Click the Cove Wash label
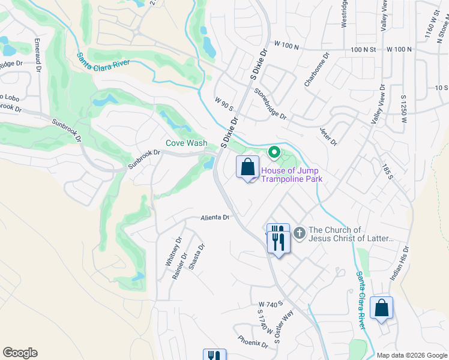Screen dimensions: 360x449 (x=187, y=143)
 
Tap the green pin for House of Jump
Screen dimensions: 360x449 (x=274, y=153)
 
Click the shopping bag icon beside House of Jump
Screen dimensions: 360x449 (x=248, y=167)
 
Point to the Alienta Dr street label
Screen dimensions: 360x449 (x=215, y=218)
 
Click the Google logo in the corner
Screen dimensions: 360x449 (x=20, y=353)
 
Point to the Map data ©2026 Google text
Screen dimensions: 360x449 (x=411, y=355)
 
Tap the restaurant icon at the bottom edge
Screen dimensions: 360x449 (x=214, y=355)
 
